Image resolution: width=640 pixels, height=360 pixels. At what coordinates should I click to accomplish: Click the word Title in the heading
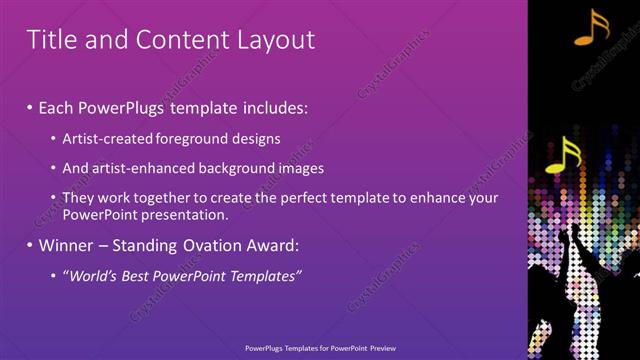[x=49, y=39]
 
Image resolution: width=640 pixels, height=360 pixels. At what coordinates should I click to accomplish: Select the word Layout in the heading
[x=271, y=39]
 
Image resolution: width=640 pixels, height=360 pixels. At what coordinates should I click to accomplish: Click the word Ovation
[x=216, y=245]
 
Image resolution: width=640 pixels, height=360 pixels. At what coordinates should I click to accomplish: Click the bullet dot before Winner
[x=30, y=245]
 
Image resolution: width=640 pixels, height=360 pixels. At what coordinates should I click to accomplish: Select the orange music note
[x=591, y=27]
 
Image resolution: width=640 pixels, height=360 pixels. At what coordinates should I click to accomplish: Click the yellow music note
[x=563, y=155]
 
